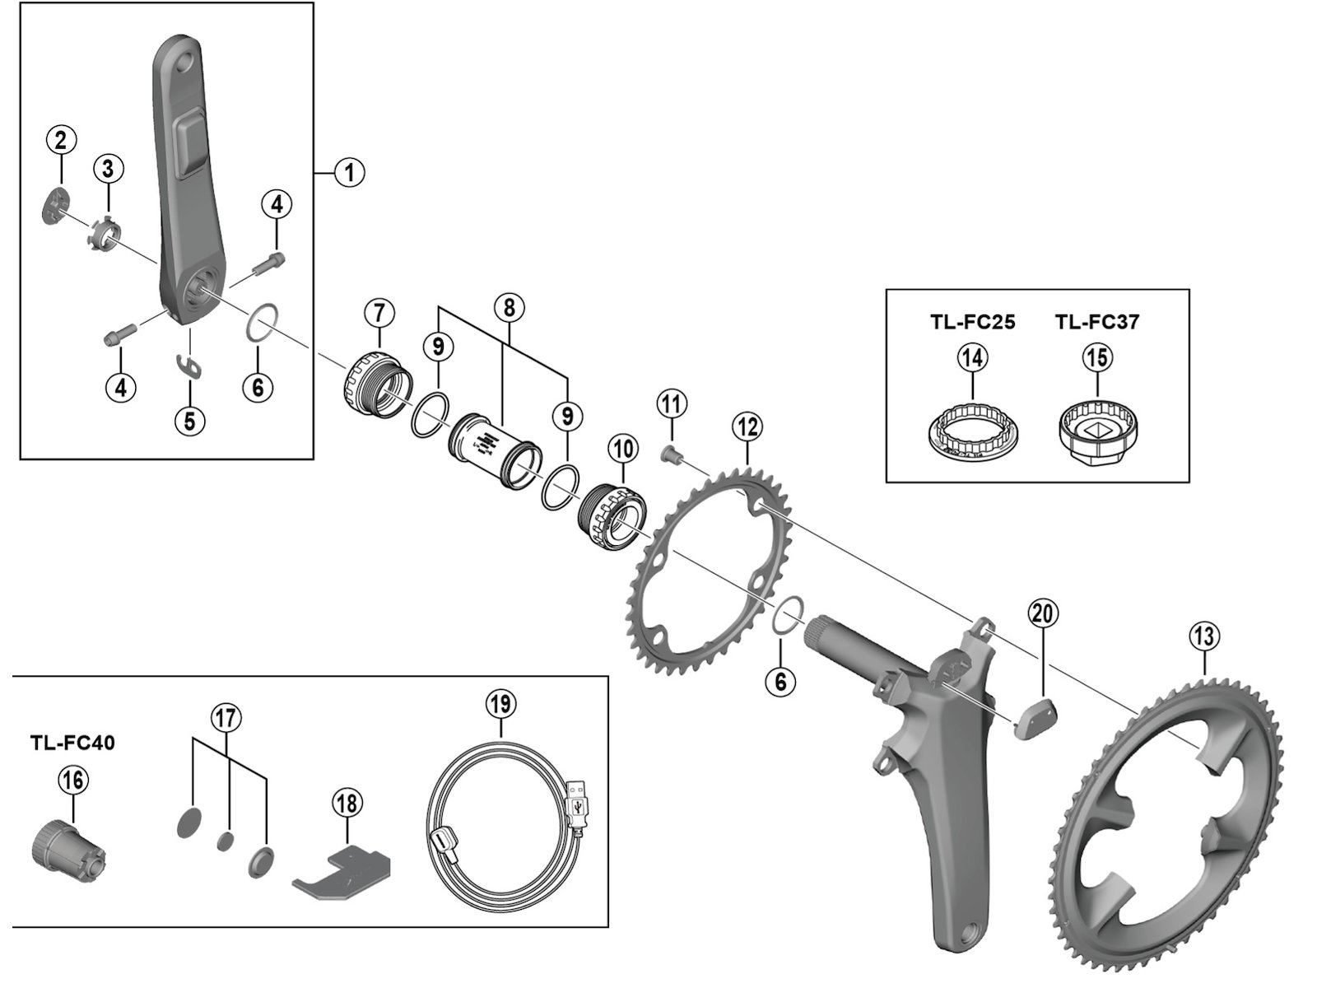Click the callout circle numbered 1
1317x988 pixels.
pyautogui.click(x=350, y=172)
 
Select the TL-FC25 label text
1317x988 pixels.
pyautogui.click(x=973, y=322)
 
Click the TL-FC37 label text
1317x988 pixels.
pyautogui.click(x=1097, y=322)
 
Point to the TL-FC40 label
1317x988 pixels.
pyautogui.click(x=72, y=743)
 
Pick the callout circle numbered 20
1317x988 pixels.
pyautogui.click(x=1045, y=613)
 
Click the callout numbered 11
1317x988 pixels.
pyautogui.click(x=672, y=404)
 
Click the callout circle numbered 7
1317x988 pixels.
pyautogui.click(x=379, y=313)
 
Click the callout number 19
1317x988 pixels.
pyautogui.click(x=500, y=704)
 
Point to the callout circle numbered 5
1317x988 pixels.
pyautogui.click(x=189, y=421)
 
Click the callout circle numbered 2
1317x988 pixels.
pyautogui.click(x=61, y=140)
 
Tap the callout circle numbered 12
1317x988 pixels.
pyautogui.click(x=747, y=427)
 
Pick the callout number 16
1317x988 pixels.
pyautogui.click(x=72, y=780)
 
